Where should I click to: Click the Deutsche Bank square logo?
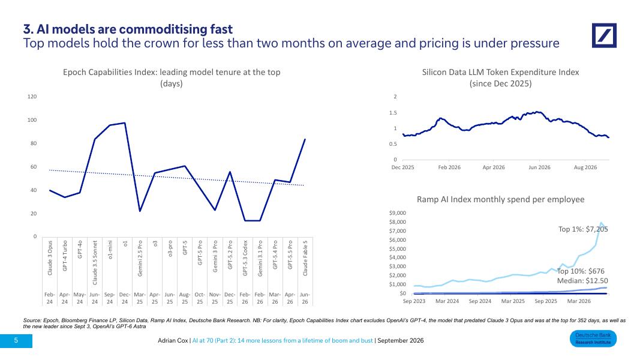[x=604, y=35]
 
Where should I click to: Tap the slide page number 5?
[x=16, y=340]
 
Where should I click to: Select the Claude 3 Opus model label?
[x=50, y=258]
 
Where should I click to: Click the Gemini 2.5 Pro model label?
[x=140, y=259]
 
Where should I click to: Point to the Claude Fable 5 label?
[x=305, y=258]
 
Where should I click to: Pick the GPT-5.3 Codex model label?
[x=245, y=258]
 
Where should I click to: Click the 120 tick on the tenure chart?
[x=32, y=97]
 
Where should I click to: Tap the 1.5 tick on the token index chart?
[x=393, y=113]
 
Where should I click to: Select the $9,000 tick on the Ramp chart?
[x=398, y=213]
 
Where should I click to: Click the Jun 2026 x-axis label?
[x=539, y=167]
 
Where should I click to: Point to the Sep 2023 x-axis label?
[x=414, y=301]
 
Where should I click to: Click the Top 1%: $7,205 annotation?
[x=583, y=229]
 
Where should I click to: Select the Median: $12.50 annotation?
[x=582, y=281]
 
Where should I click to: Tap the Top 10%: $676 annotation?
[x=581, y=271]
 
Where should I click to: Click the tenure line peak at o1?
[x=125, y=123]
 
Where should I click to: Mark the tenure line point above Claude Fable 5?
[x=305, y=140]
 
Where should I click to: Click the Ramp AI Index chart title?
[x=500, y=199]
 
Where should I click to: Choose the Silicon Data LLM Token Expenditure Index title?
[x=500, y=72]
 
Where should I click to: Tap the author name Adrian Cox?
[x=173, y=340]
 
